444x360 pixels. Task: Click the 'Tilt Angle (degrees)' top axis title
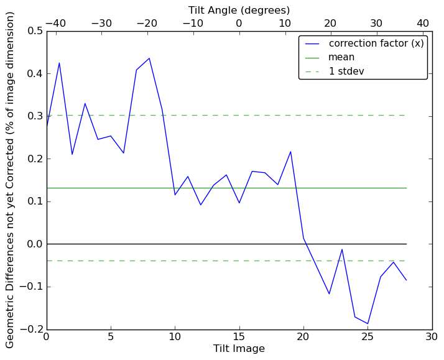click(x=239, y=10)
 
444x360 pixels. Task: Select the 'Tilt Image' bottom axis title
click(x=239, y=349)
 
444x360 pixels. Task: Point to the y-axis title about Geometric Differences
click(x=11, y=180)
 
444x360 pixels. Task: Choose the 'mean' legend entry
click(x=341, y=57)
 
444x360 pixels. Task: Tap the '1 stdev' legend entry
click(x=346, y=72)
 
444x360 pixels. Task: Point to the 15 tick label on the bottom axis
click(x=239, y=338)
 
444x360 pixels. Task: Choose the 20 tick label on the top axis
click(x=331, y=23)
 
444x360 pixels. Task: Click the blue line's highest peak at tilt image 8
click(x=149, y=58)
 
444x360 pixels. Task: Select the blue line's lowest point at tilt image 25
click(x=368, y=324)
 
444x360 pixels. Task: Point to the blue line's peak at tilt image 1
click(x=60, y=63)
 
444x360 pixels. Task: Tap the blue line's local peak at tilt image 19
click(x=291, y=152)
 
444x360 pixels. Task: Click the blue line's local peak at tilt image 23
click(x=342, y=249)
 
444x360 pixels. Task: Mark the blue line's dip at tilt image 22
click(x=330, y=293)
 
